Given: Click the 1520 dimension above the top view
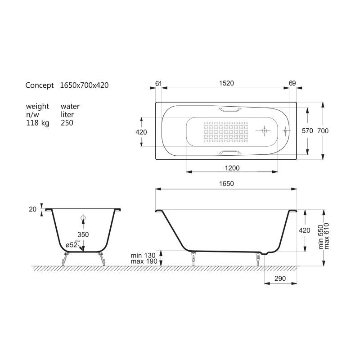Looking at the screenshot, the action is pos(226,83).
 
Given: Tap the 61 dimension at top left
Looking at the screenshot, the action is pos(159,84).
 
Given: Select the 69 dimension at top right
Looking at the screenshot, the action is pos(292,83).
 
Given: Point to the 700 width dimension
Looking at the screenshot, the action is pos(323,131).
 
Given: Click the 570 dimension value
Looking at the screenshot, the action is pos(307,131).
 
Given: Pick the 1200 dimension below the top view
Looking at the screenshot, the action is pos(232,168).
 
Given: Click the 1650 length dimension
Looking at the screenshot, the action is pos(226,184).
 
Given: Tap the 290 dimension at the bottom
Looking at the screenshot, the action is pos(280,279).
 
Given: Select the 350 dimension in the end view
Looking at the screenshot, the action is pos(83,234).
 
